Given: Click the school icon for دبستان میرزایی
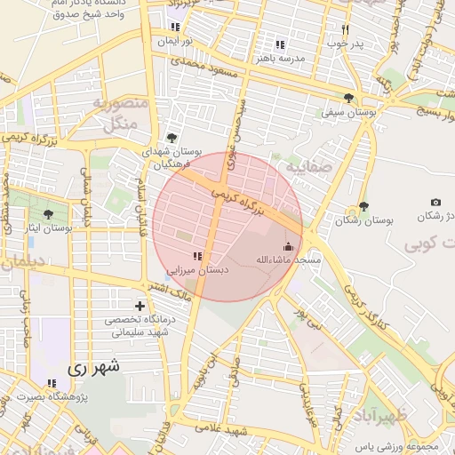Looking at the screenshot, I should (196, 257).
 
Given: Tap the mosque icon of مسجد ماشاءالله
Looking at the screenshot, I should (287, 247).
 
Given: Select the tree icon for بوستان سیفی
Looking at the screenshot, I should (347, 99).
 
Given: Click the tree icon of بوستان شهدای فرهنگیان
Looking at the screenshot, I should (171, 138).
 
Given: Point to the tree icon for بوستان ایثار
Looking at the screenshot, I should (49, 214).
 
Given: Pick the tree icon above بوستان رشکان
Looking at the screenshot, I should (363, 206).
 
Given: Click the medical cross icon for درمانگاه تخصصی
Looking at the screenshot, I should (140, 307).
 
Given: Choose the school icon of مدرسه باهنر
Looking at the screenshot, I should (281, 44).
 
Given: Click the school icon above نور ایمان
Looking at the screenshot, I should (175, 28).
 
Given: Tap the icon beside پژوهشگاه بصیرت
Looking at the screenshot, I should (52, 383).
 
